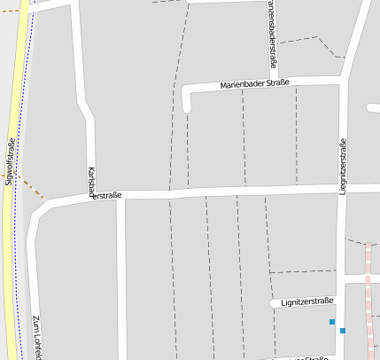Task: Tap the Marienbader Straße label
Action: [254, 83]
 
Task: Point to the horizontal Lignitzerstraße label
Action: [306, 301]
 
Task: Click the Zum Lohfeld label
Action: [36, 338]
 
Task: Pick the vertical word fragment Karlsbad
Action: [91, 181]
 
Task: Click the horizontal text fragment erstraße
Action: [107, 195]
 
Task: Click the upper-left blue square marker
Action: [332, 321]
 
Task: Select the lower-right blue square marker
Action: [343, 331]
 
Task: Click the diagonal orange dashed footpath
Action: [30, 187]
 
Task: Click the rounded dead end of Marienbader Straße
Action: [186, 108]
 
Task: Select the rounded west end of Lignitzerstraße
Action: [274, 303]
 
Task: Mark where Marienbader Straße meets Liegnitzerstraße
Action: [344, 82]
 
